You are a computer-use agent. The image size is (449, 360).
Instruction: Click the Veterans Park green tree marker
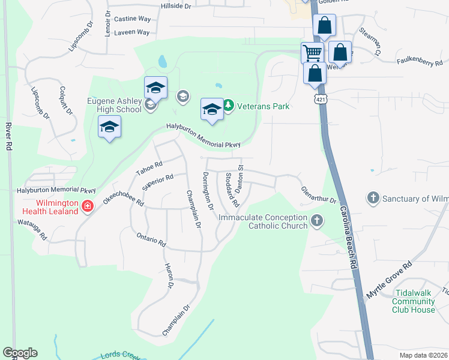tap(228, 106)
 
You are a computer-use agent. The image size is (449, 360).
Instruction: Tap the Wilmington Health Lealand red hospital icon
tap(88, 206)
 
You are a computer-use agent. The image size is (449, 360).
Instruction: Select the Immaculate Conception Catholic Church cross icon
tap(317, 221)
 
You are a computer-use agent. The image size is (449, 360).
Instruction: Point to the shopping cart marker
tap(312, 53)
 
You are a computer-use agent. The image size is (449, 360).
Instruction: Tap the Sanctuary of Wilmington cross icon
tap(373, 198)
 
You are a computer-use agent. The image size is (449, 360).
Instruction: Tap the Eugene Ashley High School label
tap(115, 105)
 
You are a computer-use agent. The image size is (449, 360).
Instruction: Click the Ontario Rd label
tap(151, 239)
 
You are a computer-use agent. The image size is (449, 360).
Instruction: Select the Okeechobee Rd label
tap(122, 195)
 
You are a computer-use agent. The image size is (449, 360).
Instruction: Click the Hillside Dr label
tap(175, 5)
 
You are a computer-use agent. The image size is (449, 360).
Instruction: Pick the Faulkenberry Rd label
tap(420, 62)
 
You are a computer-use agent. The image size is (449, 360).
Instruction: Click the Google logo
tap(20, 353)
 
